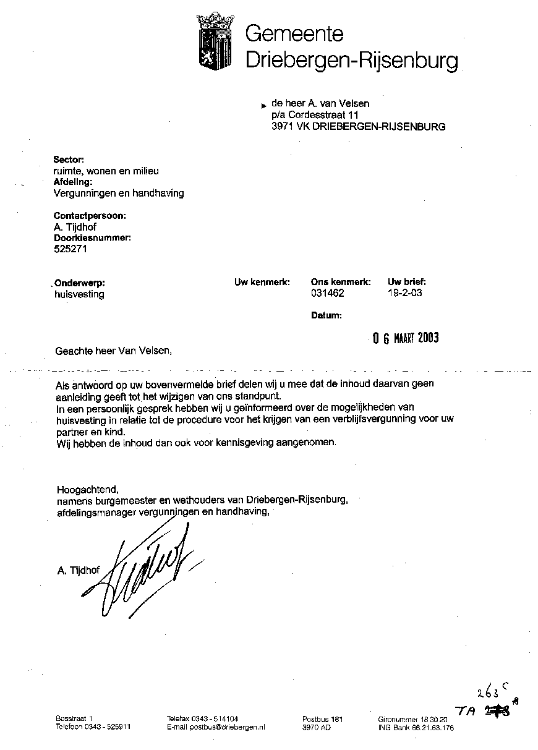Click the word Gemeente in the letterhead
[x=294, y=33]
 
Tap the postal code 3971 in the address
[x=282, y=127]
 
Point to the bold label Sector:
[x=69, y=159]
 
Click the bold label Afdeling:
[x=74, y=182]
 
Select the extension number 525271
[x=71, y=249]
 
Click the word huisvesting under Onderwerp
[x=79, y=294]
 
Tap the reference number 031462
[x=327, y=293]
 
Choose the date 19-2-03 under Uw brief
[x=404, y=293]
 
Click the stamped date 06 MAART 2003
[x=406, y=338]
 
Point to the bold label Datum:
[x=327, y=315]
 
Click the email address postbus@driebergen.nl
[x=216, y=728]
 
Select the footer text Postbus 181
[x=322, y=719]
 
